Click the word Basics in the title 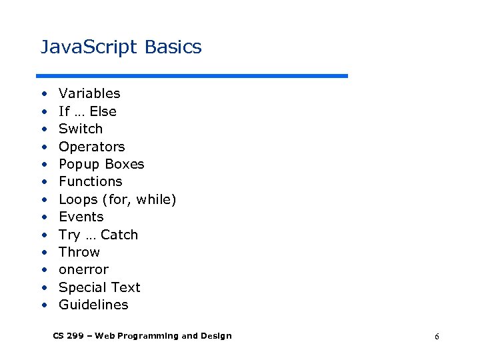[x=173, y=47]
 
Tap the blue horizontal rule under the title [x=192, y=76]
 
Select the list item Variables [x=89, y=93]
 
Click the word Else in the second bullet [x=103, y=111]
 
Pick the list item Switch [x=81, y=129]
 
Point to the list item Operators [x=91, y=147]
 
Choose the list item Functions [x=91, y=181]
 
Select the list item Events [x=81, y=217]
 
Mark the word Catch [x=119, y=235]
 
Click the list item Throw [x=79, y=252]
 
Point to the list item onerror [x=83, y=270]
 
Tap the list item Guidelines [x=93, y=305]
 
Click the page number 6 [x=437, y=337]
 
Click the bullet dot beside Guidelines [x=43, y=305]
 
